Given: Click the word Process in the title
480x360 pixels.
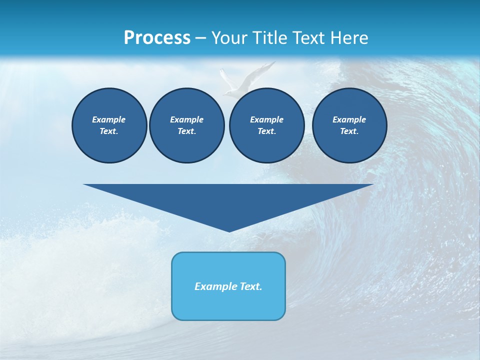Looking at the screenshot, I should coord(157,37).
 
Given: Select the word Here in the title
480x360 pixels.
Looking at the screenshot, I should coord(348,37).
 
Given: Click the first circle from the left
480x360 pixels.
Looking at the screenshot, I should coord(109,125).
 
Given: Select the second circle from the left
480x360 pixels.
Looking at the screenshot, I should coord(186,125).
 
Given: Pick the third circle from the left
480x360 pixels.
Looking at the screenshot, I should coord(266,125).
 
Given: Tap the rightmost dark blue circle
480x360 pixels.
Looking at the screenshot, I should coord(349,125).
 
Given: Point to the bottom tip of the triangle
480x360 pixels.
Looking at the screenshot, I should coord(229,231).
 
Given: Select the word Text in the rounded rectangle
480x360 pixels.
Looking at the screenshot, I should coord(249,286).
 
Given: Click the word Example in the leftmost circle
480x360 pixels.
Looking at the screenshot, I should coord(109,119).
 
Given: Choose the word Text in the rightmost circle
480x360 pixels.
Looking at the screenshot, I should coord(349,131).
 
